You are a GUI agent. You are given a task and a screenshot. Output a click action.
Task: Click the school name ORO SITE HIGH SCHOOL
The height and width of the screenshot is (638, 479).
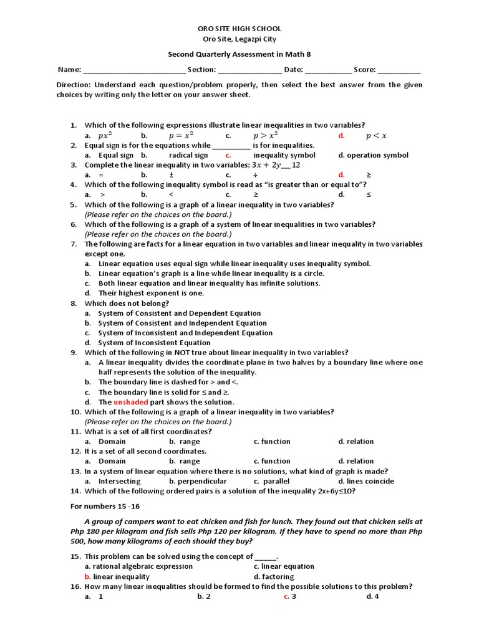point(239,29)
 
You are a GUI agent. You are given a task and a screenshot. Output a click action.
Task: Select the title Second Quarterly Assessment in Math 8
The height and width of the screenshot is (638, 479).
point(239,55)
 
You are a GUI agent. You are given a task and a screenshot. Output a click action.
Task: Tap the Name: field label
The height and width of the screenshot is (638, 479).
point(69,70)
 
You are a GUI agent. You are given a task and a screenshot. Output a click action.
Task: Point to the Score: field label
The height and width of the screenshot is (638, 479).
point(364,70)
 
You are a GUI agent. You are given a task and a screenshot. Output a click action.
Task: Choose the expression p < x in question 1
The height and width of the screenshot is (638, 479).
point(376,135)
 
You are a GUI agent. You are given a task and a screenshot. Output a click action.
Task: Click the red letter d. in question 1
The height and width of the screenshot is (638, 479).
point(341,135)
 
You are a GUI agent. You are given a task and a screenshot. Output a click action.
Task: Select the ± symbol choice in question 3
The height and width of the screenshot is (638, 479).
point(171,175)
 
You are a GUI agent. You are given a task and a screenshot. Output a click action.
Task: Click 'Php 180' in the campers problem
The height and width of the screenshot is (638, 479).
point(84,531)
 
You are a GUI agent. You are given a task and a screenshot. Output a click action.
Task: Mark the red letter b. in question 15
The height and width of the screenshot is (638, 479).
point(88,576)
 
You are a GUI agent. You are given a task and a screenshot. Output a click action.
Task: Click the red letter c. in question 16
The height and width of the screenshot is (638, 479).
point(286,596)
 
